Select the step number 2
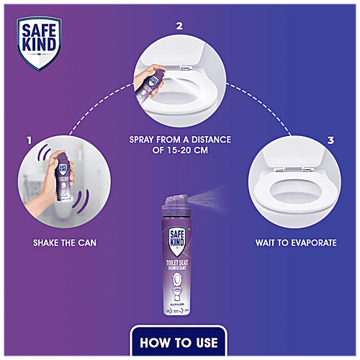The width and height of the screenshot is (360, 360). (x=180, y=27)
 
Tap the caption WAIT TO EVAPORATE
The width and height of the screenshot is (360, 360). (x=296, y=243)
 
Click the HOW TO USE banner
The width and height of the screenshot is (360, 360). (x=180, y=341)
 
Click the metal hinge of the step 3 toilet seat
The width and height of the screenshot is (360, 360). (x=308, y=170)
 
